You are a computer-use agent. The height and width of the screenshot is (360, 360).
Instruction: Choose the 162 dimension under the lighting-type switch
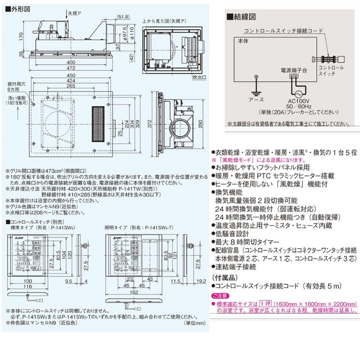coord(135,292)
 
